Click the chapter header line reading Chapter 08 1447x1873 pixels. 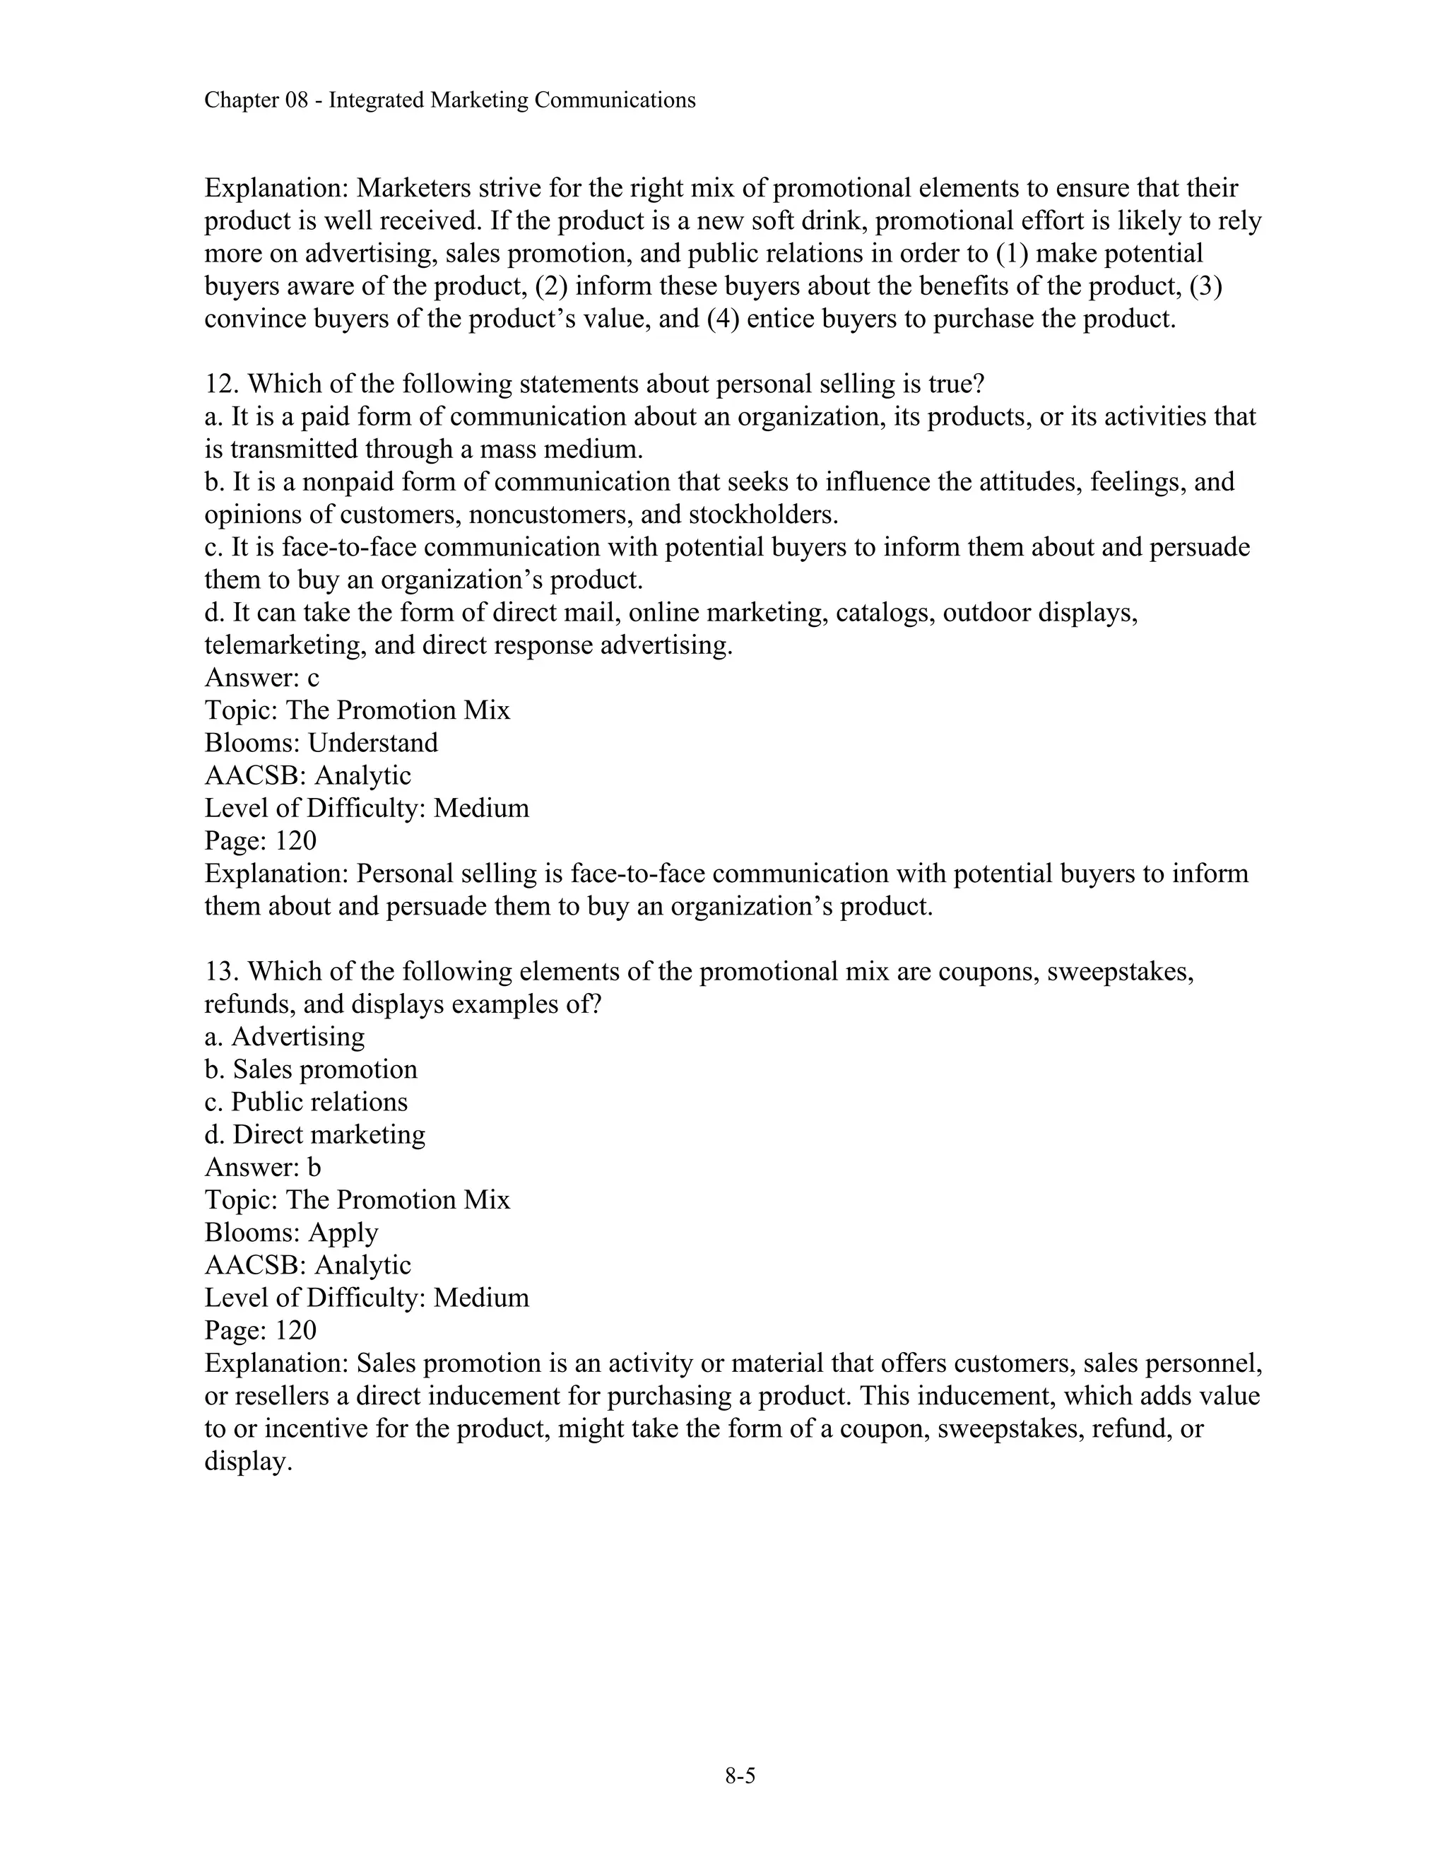pyautogui.click(x=449, y=100)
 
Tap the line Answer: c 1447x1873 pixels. pyautogui.click(x=261, y=678)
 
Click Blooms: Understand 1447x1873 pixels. pyautogui.click(x=321, y=743)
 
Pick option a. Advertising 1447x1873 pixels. pyautogui.click(x=285, y=1037)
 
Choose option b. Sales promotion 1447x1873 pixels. pyautogui.click(x=310, y=1069)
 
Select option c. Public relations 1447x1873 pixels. pyautogui.click(x=306, y=1102)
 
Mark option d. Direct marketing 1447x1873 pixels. pyautogui.click(x=314, y=1134)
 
